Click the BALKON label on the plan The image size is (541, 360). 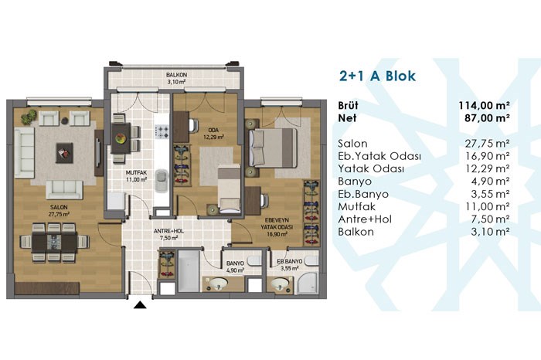[176, 75]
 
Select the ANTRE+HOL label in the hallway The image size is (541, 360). [168, 231]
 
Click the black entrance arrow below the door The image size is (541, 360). [140, 304]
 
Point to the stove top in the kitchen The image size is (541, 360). [162, 131]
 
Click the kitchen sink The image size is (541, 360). [161, 180]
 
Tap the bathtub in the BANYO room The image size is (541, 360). [189, 270]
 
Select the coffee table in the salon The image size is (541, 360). [64, 153]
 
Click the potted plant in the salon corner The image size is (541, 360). [29, 117]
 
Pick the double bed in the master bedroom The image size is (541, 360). [273, 148]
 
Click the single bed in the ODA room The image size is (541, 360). [230, 188]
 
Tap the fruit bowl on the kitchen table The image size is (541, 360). [121, 138]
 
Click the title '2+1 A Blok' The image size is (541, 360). [377, 76]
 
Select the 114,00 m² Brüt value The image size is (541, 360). [484, 105]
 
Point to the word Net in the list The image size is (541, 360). [347, 118]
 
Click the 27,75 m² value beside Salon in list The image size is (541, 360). [487, 144]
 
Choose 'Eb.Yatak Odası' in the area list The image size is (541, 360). [379, 156]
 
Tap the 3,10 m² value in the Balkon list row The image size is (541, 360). [490, 232]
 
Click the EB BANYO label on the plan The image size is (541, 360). [290, 261]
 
